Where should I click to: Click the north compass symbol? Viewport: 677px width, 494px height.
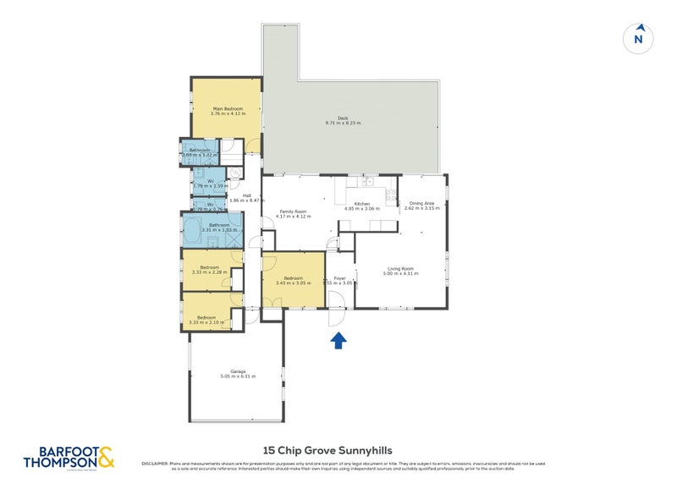coord(639,37)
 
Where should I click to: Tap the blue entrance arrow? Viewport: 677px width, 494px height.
coord(338,340)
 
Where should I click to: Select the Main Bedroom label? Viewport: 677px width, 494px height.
coord(226,109)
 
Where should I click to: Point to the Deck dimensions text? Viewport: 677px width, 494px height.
coord(343,124)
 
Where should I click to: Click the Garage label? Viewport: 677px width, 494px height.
coord(238,370)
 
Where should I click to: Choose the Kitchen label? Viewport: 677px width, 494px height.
coord(362,204)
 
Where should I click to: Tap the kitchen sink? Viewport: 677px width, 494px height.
coord(367,181)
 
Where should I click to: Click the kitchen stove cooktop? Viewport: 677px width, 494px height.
coord(391,196)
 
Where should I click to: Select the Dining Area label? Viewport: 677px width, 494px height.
coord(421,203)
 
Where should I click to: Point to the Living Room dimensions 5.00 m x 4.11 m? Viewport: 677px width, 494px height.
coord(401,274)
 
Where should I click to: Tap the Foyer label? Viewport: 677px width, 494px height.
coord(339,277)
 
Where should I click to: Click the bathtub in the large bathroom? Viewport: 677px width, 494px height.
coord(192,228)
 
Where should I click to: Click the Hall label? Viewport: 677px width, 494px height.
coord(247,195)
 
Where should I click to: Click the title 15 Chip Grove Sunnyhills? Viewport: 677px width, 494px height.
coord(338,451)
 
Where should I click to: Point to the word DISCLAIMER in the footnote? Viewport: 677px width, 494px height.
coord(155,464)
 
